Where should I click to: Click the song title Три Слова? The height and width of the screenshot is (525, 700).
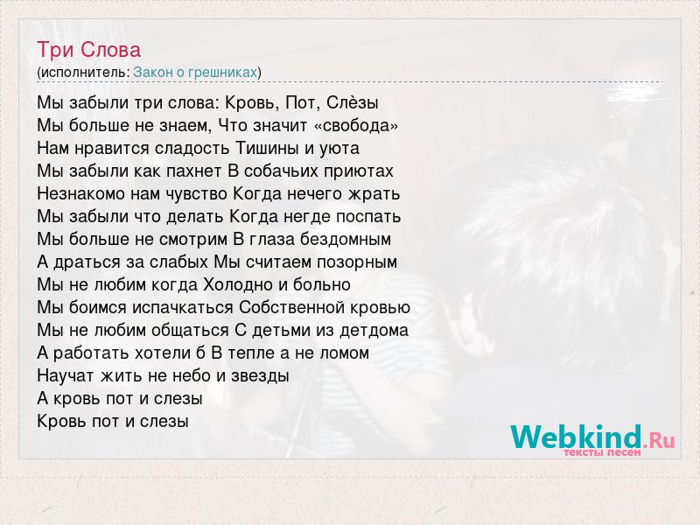tap(89, 50)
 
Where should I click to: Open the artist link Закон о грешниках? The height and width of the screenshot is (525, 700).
tap(195, 73)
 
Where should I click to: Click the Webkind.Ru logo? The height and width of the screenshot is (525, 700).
tap(592, 437)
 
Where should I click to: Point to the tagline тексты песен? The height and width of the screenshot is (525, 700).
tap(602, 452)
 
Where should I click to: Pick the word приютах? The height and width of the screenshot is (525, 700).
tap(359, 171)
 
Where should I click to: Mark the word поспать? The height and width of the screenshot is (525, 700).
tap(368, 217)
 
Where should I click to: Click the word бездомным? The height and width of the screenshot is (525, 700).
tap(346, 240)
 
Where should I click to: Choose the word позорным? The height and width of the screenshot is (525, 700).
tap(357, 262)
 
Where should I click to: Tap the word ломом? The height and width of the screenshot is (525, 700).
tap(344, 353)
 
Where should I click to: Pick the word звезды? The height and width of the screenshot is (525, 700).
tap(260, 376)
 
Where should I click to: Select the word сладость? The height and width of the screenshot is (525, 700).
tap(192, 148)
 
